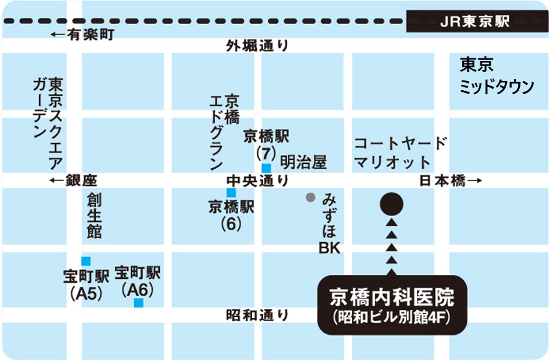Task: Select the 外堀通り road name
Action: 257,46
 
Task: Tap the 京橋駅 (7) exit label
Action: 266,145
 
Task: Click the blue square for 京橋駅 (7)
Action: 266,167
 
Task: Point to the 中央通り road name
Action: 257,181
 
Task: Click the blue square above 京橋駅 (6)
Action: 230,193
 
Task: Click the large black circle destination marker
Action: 392,204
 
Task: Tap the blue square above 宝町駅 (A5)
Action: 86,260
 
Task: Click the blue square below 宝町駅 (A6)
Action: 138,302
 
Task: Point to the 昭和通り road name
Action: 257,315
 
